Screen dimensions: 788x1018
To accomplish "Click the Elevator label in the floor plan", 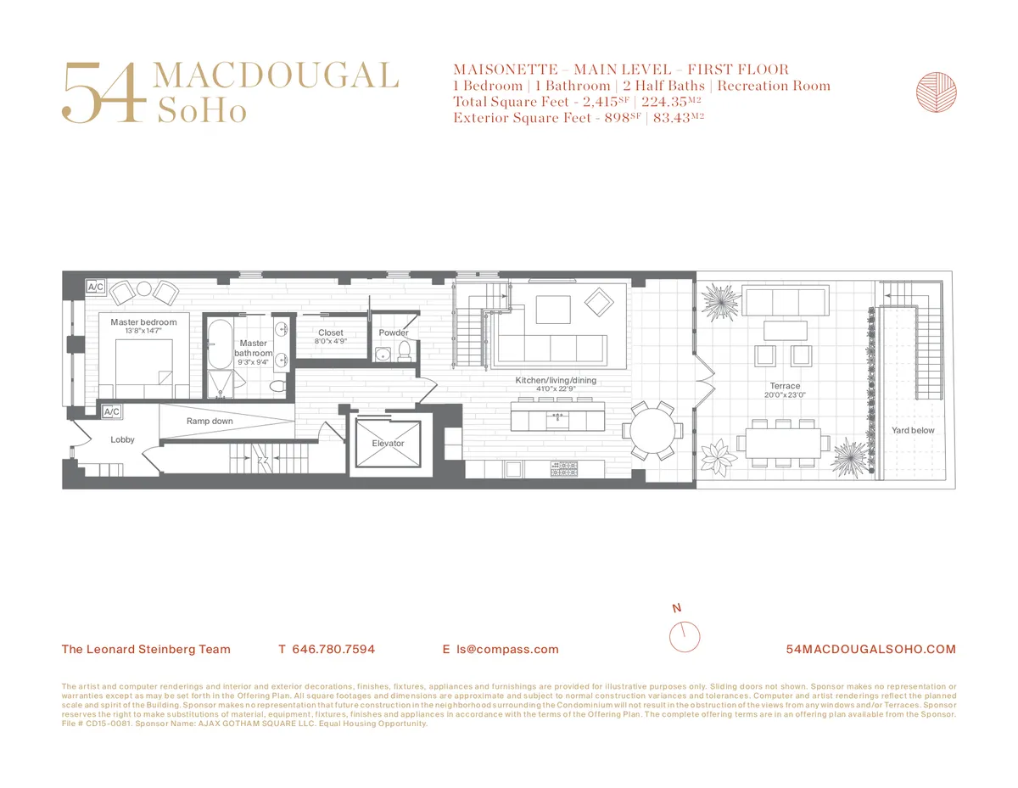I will pyautogui.click(x=388, y=443).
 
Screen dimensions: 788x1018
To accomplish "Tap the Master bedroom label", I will pyautogui.click(x=143, y=322).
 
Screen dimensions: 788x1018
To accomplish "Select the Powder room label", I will pyautogui.click(x=394, y=333).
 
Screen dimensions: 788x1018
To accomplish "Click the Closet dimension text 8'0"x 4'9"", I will pyautogui.click(x=330, y=341).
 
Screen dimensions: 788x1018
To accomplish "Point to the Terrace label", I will pyautogui.click(x=785, y=386).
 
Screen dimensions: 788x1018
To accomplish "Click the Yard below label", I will pyautogui.click(x=913, y=430).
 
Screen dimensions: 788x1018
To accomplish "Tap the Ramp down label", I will pyautogui.click(x=210, y=421).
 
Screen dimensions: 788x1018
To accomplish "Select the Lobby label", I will pyautogui.click(x=123, y=439).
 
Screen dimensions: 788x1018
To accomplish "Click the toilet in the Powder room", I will pyautogui.click(x=405, y=350).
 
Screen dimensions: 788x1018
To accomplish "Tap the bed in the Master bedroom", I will pyautogui.click(x=140, y=365).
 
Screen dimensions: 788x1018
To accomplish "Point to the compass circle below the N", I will pyautogui.click(x=684, y=636).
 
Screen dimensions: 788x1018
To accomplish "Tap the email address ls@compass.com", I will pyautogui.click(x=507, y=650).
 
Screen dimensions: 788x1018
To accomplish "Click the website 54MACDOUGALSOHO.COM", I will pyautogui.click(x=871, y=650).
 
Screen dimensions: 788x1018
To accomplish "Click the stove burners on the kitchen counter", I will pyautogui.click(x=563, y=467).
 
